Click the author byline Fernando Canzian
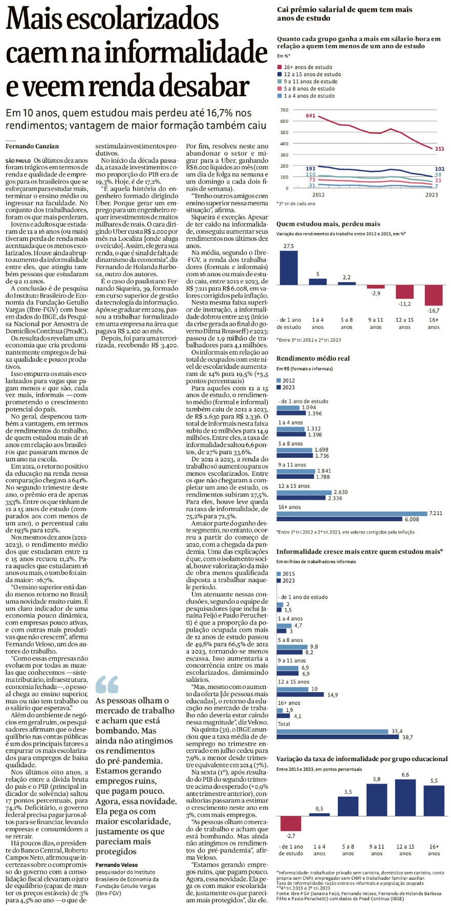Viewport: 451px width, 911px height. point(32,146)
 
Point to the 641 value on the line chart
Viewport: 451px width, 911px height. point(311,116)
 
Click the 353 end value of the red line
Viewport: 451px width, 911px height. point(439,149)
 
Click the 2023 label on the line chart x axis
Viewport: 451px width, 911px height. point(432,194)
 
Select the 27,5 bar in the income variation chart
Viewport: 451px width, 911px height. point(289,268)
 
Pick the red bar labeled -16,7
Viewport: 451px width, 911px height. point(434,295)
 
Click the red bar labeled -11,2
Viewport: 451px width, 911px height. point(404,292)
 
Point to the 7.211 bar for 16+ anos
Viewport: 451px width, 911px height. point(352,514)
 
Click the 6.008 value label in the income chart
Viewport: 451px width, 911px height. point(412,519)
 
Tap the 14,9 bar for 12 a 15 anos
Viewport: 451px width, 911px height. point(301,695)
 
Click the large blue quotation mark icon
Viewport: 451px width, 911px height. point(107,684)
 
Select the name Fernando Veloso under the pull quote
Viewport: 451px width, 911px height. point(117,865)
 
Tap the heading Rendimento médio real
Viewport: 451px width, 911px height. point(313,359)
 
